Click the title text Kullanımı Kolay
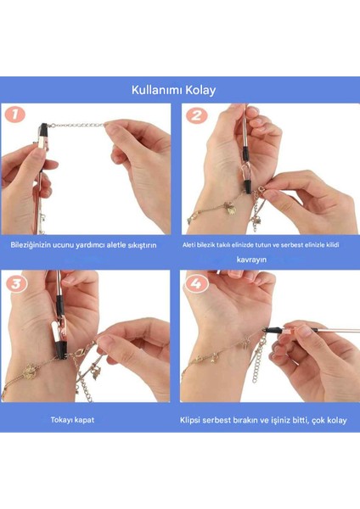pos(179,89)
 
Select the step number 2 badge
pos(197,115)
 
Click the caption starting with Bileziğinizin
pos(84,244)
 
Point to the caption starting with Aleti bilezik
pos(261,244)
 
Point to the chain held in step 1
pos(81,126)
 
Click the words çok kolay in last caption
pos(318,419)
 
